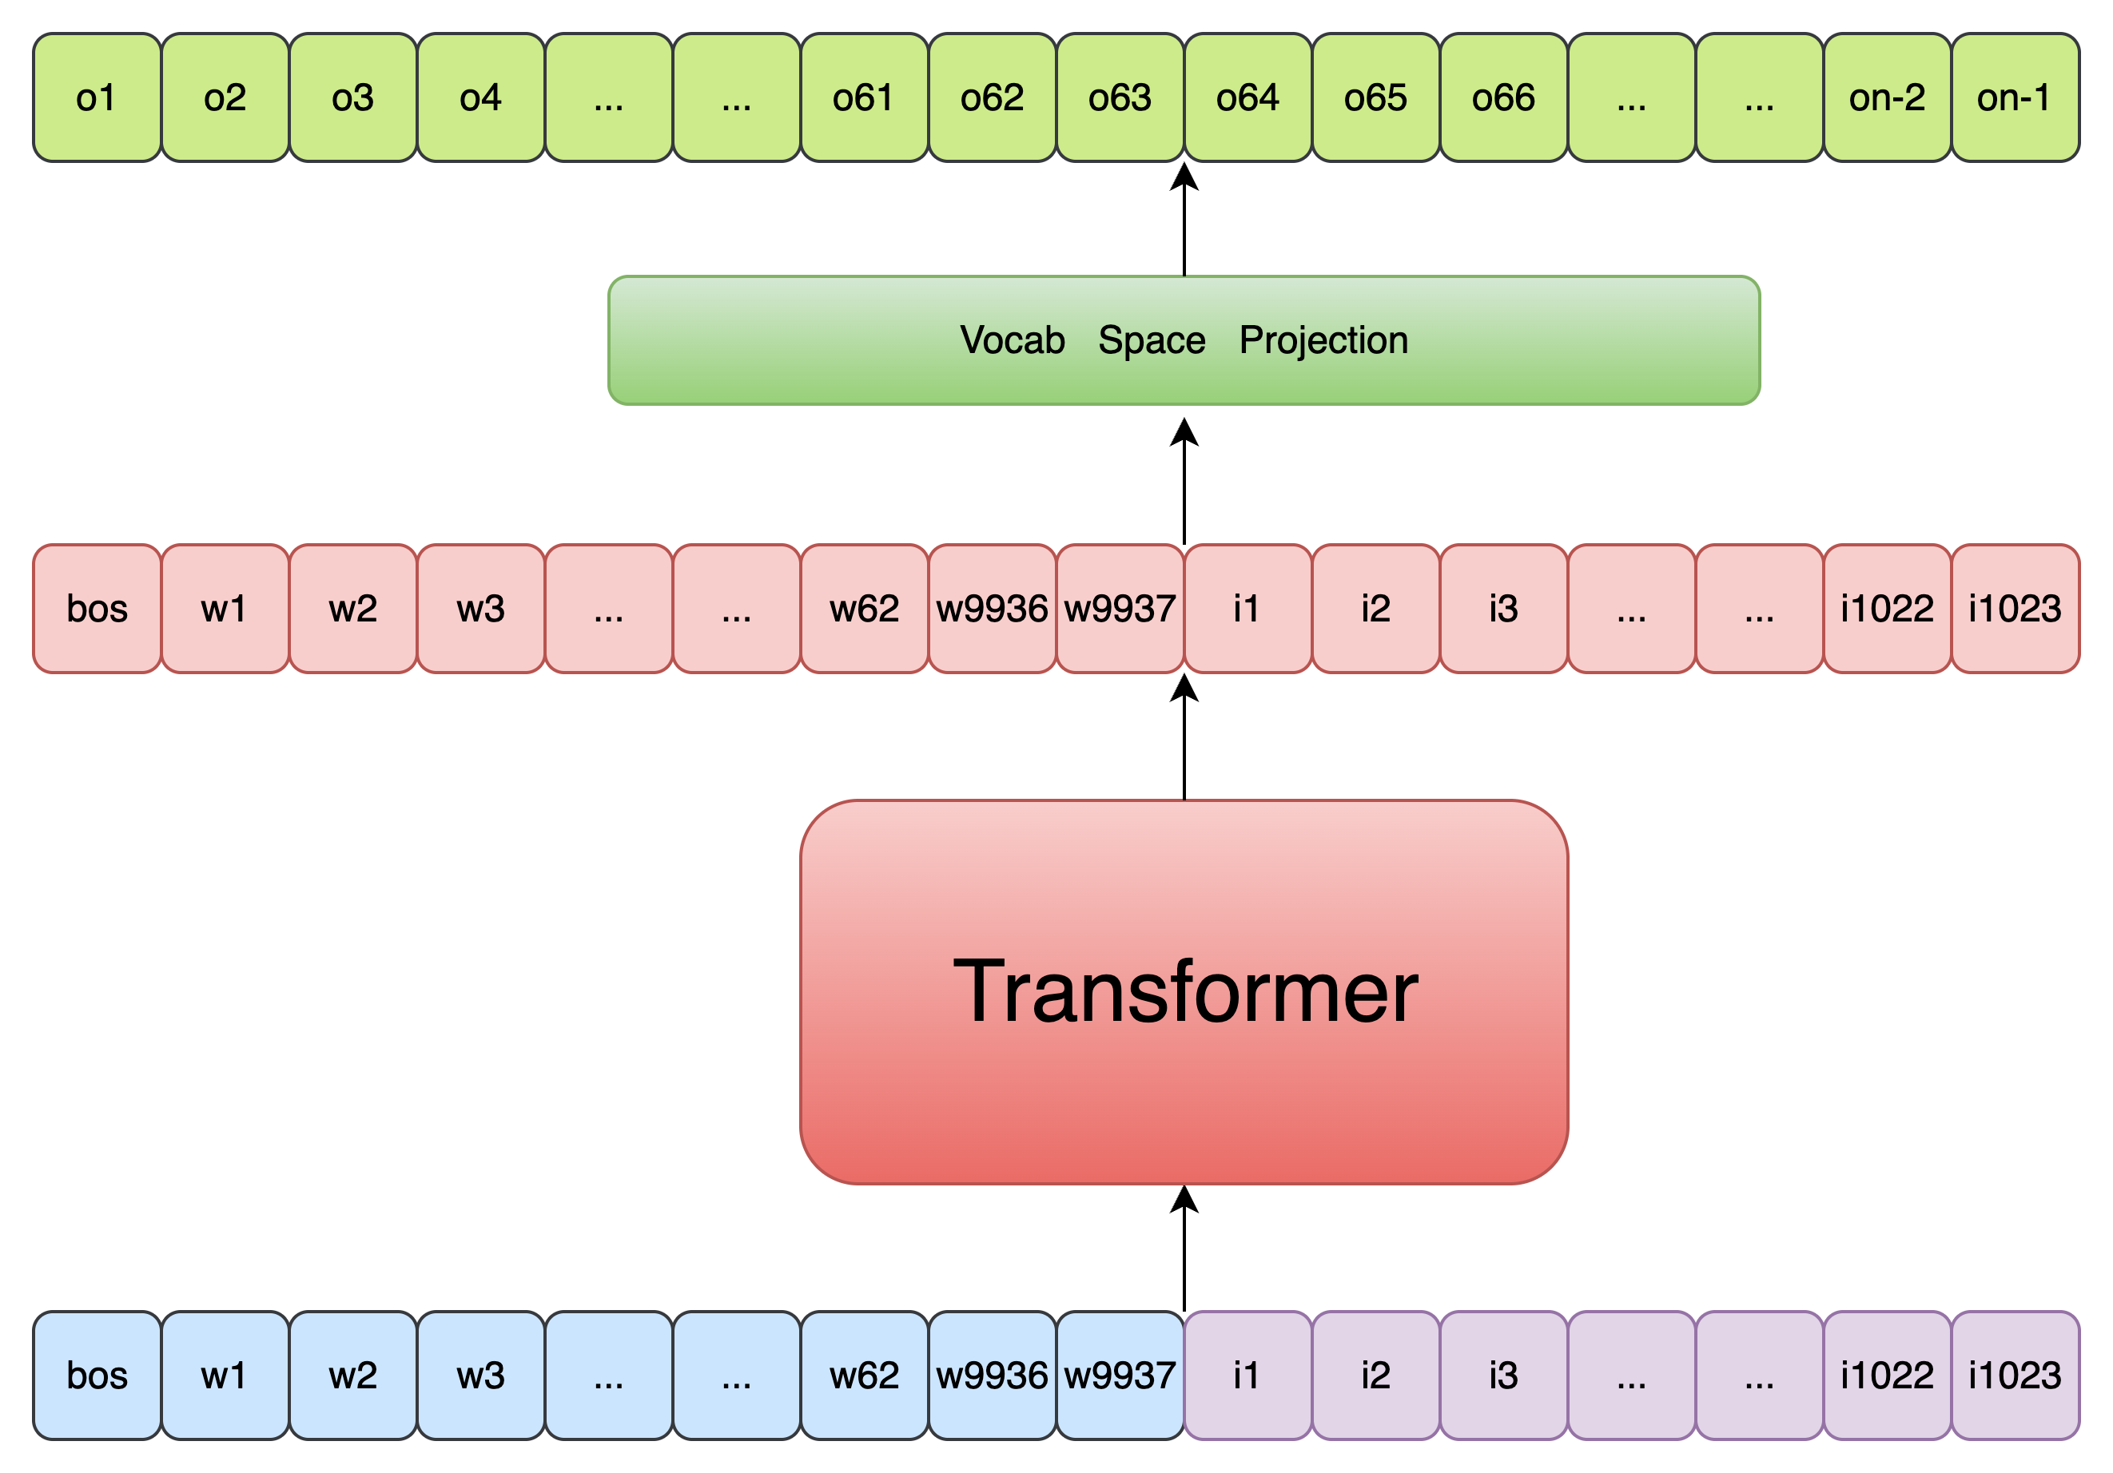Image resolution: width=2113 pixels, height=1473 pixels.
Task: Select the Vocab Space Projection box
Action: point(1184,339)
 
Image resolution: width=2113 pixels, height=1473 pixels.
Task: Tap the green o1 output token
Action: point(97,97)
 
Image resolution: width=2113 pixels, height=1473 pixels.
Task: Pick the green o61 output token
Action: point(864,97)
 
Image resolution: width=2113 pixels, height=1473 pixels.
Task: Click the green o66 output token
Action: point(1504,97)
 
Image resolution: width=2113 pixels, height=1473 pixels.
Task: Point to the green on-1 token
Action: point(2015,97)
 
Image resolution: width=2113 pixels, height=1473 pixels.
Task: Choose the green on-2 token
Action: point(1887,97)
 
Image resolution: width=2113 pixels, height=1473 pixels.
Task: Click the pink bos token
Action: point(97,608)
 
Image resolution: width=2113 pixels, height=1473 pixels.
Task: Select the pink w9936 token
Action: point(992,608)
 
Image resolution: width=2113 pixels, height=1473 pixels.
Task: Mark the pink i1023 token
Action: point(2015,608)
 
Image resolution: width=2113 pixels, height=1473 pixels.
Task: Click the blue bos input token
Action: point(97,1376)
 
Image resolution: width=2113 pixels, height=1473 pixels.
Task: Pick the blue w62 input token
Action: point(864,1376)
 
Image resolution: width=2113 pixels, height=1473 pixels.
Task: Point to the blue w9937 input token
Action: point(1120,1376)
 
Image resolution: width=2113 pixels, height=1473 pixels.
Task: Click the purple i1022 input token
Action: point(1887,1376)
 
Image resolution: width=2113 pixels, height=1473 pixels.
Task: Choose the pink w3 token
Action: point(480,608)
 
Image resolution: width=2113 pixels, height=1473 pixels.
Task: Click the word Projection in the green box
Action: point(1323,340)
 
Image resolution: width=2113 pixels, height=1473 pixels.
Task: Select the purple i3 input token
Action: point(1504,1376)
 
